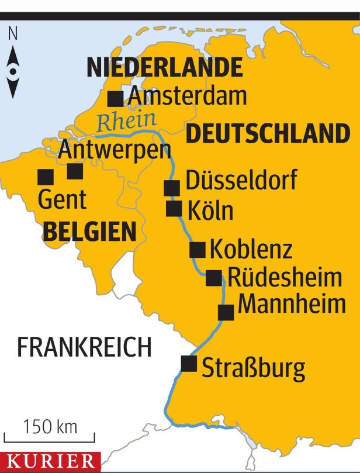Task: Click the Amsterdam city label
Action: [x=188, y=95]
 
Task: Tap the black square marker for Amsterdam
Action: [x=116, y=98]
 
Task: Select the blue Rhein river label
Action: [x=126, y=122]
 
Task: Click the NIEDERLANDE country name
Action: [x=164, y=68]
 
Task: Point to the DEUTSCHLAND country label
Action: [x=268, y=134]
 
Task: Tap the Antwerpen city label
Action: [x=115, y=150]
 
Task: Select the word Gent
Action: [x=62, y=199]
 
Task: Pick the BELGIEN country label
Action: [x=89, y=233]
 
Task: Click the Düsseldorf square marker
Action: [x=172, y=188]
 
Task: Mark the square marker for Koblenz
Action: [x=198, y=250]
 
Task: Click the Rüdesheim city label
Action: [x=284, y=277]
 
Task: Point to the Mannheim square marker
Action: [x=226, y=312]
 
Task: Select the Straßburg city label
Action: [x=253, y=369]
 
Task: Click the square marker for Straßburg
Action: [x=189, y=363]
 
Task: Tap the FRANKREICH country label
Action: [x=84, y=347]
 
